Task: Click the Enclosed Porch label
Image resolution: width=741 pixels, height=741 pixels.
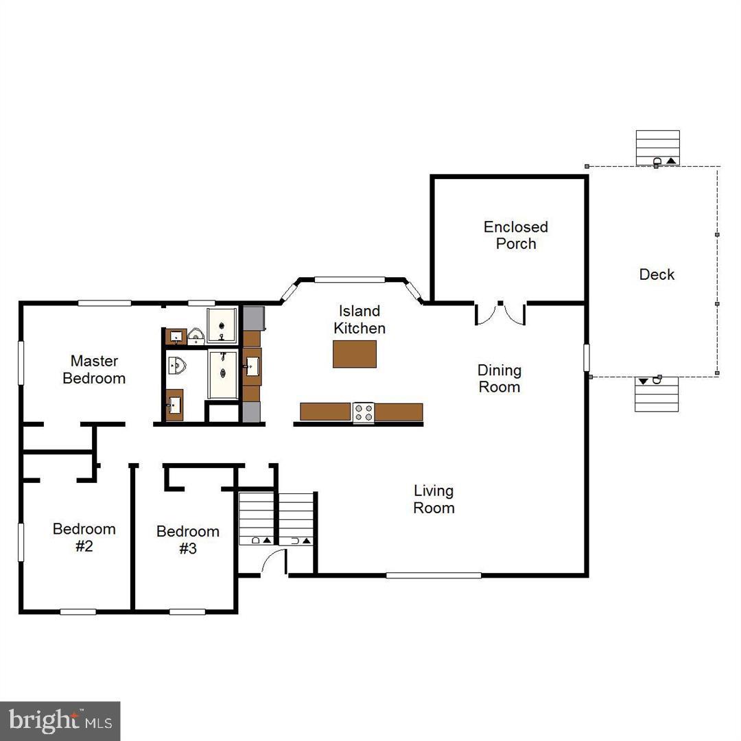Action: pos(515,235)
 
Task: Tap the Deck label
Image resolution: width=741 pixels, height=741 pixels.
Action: pos(657,274)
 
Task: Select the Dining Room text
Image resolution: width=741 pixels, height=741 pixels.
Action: pos(499,379)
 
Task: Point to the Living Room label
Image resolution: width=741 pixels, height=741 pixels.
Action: pos(434,499)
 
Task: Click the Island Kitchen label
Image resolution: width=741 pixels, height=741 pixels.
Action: pos(360,320)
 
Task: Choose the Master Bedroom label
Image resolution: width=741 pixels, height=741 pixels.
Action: pos(94,369)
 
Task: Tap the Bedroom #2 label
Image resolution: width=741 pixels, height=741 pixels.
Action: pos(84,537)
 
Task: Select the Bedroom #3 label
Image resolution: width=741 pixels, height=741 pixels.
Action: pos(187,539)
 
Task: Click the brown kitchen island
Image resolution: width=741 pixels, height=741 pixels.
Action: pos(355,354)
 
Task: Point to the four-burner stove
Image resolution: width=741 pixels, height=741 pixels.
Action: pos(364,412)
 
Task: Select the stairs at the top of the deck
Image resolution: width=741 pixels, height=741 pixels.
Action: pos(657,148)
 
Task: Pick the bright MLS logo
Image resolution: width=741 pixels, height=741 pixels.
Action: pos(60,720)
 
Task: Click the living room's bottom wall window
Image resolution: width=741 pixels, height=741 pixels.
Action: pos(433,575)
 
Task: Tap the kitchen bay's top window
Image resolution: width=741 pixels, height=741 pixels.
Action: pos(349,279)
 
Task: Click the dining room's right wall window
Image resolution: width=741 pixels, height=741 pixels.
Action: pos(587,357)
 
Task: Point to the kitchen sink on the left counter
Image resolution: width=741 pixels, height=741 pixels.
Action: pos(251,367)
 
